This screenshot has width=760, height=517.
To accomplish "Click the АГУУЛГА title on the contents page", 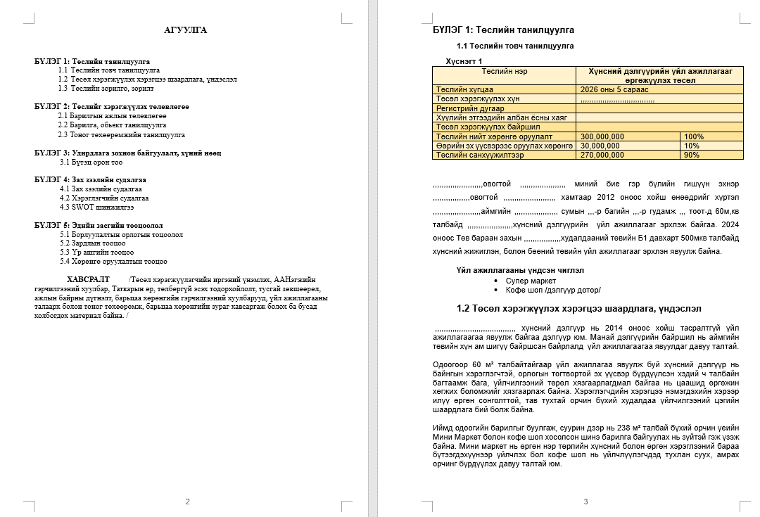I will pos(185,30).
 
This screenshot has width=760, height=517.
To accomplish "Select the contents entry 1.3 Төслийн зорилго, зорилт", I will pos(106,89).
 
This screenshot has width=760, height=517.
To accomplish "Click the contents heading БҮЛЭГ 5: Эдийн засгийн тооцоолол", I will pos(99,226).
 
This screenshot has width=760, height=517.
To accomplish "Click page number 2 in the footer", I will pos(187,502).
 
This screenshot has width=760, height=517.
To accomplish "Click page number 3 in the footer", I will pos(585,502).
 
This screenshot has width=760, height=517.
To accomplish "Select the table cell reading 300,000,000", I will pos(602,136).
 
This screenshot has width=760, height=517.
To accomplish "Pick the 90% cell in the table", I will pos(692,155).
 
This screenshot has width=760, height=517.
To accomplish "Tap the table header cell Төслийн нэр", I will pos(505,72).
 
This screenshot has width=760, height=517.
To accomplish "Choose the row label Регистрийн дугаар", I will pos(470,109).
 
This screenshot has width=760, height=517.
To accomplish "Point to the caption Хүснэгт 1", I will pos(464,61).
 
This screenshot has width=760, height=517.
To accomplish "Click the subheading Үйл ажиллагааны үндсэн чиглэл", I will pos(519,270).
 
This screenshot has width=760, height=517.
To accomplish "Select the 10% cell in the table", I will pos(691,146).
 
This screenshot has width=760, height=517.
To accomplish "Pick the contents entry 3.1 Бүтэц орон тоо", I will pos(91,162).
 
